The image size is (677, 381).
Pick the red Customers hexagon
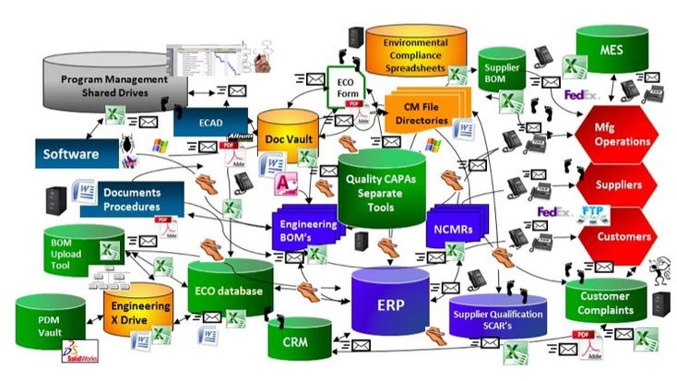[624, 236]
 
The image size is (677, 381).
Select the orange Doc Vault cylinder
[287, 137]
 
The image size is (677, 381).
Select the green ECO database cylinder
[230, 290]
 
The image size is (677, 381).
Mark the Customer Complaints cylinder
[604, 303]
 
